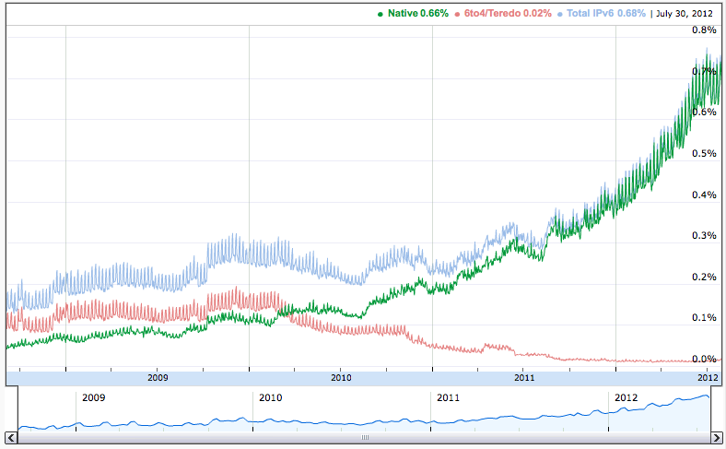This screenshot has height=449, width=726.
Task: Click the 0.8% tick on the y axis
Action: [704, 30]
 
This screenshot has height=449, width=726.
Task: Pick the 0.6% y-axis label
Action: [704, 112]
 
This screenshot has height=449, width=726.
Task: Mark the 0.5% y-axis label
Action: [704, 153]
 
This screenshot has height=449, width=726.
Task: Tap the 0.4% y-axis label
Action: [704, 195]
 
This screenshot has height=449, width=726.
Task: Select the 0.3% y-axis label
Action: [704, 235]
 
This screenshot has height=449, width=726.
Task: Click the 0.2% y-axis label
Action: [704, 277]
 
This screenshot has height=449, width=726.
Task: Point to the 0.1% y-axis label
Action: [704, 318]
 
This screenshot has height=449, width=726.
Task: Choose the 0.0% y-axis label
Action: [704, 359]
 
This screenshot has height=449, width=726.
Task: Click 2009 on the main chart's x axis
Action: [158, 377]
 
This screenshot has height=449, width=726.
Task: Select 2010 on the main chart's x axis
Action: [341, 377]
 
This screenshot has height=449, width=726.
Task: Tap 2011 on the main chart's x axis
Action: [523, 377]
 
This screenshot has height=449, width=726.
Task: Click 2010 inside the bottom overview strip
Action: [270, 398]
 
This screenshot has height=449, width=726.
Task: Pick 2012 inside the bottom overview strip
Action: [626, 398]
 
